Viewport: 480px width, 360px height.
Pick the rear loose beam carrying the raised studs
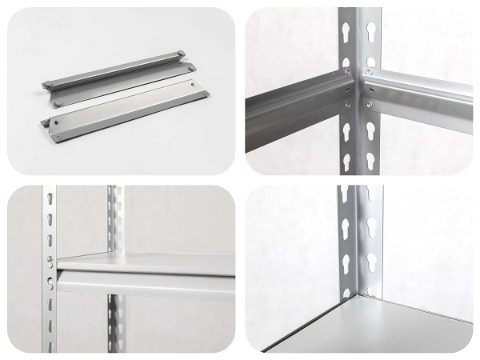click(x=120, y=76)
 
